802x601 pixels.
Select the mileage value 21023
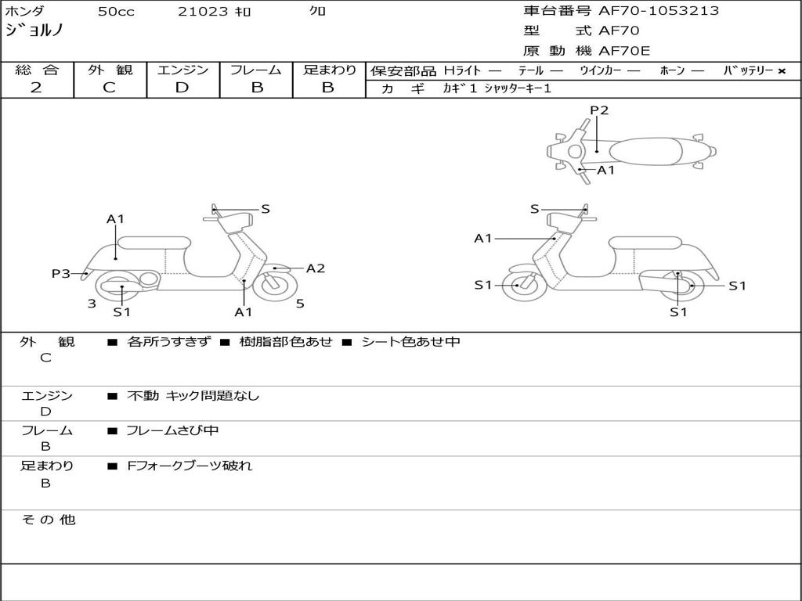(x=203, y=12)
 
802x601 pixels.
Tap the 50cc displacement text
(x=116, y=12)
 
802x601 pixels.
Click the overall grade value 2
(x=36, y=88)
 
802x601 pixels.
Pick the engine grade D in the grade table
(x=182, y=88)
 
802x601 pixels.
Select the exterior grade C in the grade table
(x=109, y=88)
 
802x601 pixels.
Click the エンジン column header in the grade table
(x=182, y=70)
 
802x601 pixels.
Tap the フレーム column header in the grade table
(x=256, y=70)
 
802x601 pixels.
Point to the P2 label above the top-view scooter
(x=599, y=110)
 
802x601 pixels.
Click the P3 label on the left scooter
(x=61, y=273)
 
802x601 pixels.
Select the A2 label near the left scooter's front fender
(x=315, y=268)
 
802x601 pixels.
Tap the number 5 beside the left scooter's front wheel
(x=300, y=304)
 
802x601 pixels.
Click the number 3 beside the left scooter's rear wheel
(x=92, y=304)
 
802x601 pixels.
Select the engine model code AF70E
(x=624, y=52)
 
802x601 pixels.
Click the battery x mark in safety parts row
(x=781, y=70)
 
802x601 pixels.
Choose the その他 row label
(x=48, y=520)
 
